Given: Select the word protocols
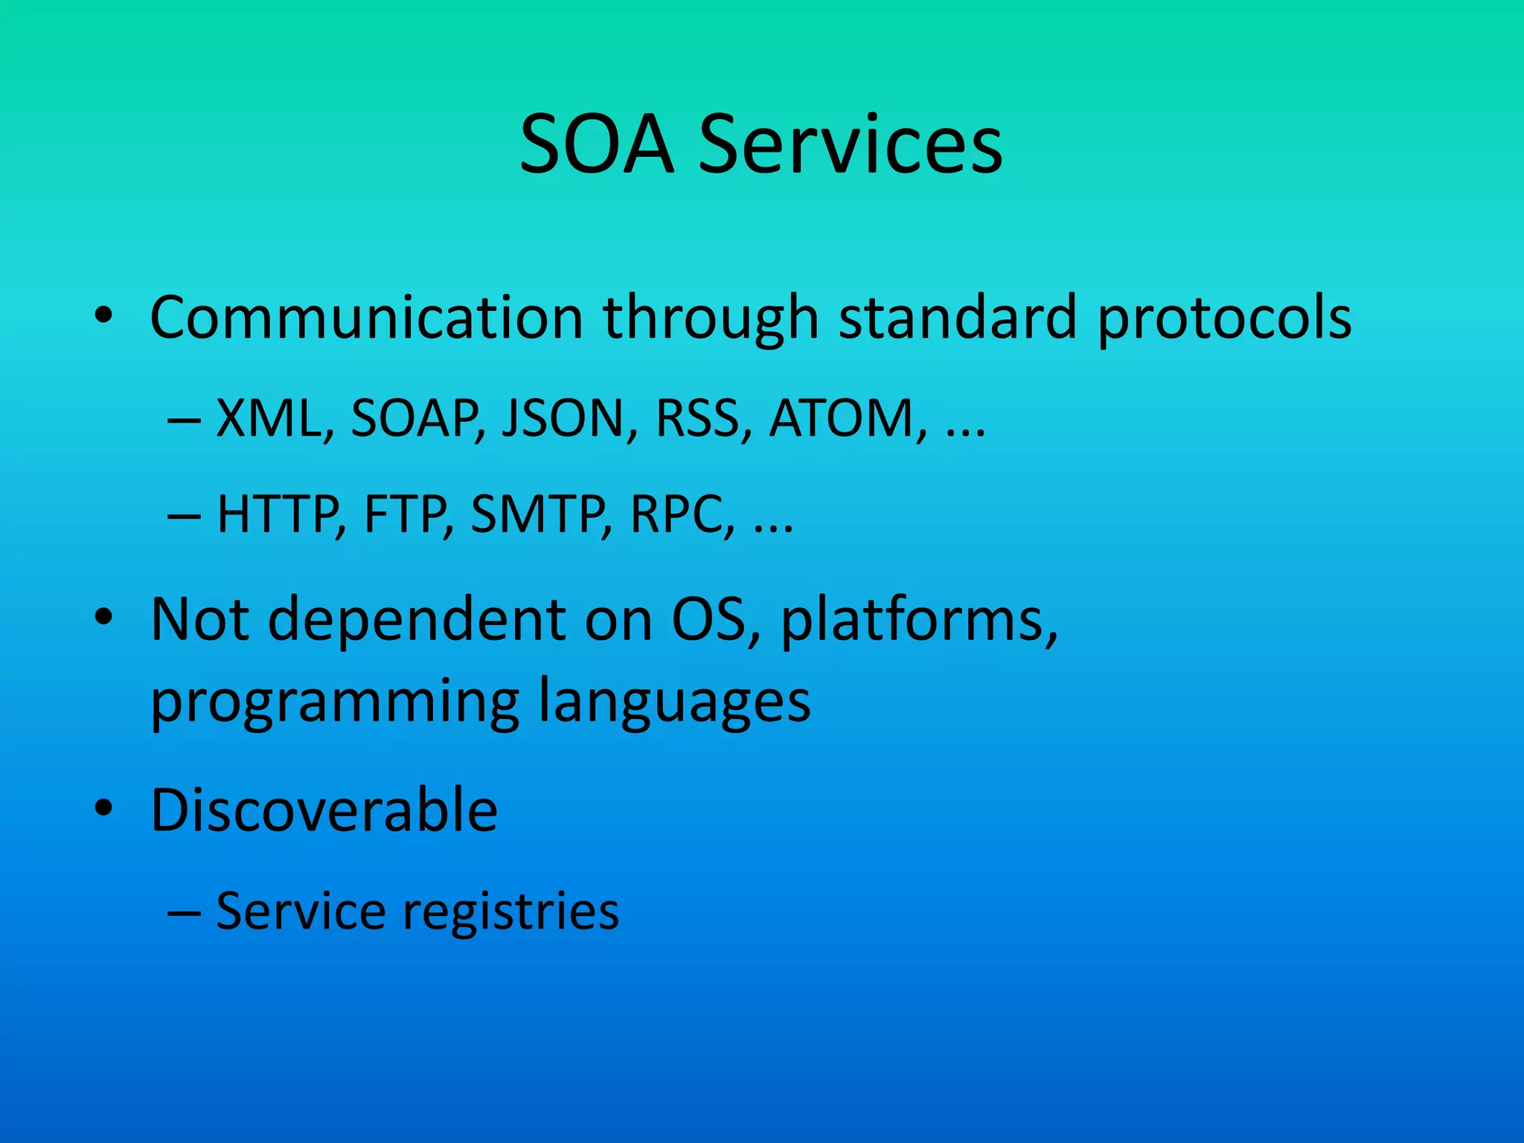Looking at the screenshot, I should point(1224,318).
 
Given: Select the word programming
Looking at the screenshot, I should point(334,701).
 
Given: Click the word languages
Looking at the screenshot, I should point(673,701).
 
